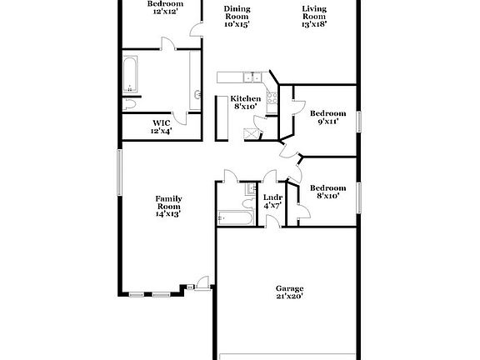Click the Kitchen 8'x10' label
246,102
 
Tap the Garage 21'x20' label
289,292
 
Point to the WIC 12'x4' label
161,127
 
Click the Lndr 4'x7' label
272,201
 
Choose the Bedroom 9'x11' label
327,117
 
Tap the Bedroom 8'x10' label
327,192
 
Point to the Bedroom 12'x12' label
165,7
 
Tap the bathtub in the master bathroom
132,74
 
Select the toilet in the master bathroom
132,103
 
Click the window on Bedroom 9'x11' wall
360,120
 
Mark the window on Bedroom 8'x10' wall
360,197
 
